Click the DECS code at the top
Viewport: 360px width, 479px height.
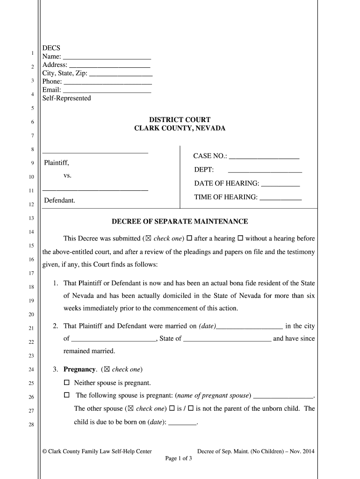51,48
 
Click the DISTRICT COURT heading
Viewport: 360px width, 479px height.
180,120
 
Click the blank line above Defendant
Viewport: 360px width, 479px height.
95,189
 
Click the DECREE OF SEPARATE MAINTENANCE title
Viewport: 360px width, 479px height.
179,222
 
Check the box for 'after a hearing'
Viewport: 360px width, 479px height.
189,238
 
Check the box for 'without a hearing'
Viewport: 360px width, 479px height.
240,238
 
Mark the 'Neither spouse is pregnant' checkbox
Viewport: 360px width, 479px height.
67,383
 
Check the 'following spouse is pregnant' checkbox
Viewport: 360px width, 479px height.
67,395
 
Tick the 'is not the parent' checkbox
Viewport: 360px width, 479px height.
191,408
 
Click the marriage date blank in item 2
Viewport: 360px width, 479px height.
250,327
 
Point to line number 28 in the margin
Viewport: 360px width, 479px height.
32,425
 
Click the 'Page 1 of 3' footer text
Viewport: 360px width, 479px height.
179,458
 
